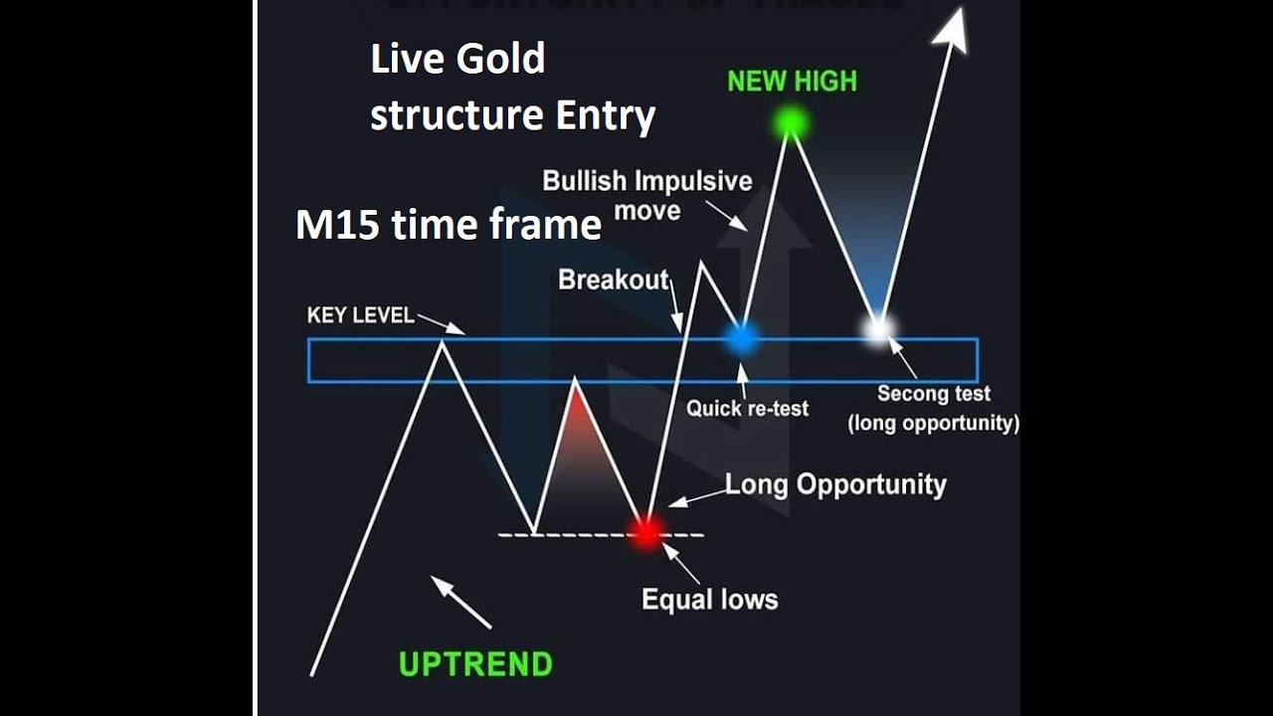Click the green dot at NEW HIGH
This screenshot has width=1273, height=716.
click(791, 123)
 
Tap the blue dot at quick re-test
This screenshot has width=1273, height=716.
click(741, 339)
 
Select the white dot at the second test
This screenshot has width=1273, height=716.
click(877, 328)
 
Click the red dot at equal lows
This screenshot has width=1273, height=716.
click(646, 532)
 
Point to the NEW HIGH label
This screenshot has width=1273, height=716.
click(792, 82)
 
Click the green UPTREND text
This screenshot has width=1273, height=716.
click(475, 663)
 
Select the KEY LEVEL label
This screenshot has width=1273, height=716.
click(360, 315)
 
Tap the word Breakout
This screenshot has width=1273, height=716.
click(613, 280)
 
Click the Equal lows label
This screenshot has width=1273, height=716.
click(709, 600)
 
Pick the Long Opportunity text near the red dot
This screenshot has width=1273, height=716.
click(835, 485)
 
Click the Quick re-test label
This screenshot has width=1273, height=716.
click(747, 408)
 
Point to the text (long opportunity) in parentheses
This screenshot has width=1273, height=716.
click(933, 424)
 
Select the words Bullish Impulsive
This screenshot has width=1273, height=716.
click(646, 181)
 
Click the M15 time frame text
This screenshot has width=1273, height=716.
click(449, 225)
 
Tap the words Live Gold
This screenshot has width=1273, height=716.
click(457, 60)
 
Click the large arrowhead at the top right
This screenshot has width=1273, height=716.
click(952, 27)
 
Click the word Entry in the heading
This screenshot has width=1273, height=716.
click(605, 115)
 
